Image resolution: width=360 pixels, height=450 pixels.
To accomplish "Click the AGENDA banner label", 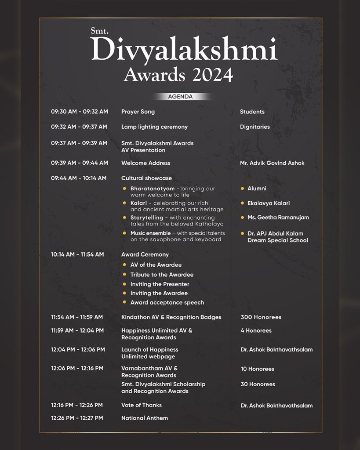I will click(x=180, y=97).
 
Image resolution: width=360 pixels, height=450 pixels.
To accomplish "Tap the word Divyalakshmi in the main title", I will click(x=184, y=50).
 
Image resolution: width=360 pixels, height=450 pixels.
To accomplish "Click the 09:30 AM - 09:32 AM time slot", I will click(x=79, y=112).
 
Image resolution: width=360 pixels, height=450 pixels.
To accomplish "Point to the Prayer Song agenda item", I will click(x=138, y=112).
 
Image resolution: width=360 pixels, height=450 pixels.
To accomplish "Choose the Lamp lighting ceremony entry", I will click(x=154, y=127).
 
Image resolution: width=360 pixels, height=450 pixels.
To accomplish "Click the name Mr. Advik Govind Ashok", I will click(x=272, y=163).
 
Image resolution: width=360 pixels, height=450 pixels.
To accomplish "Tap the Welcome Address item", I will click(x=145, y=163).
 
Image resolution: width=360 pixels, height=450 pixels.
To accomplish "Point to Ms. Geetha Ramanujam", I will click(x=278, y=218).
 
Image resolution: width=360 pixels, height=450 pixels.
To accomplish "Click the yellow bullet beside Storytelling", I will click(x=125, y=218).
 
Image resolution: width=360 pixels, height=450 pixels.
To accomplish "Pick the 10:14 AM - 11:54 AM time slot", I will click(x=77, y=254).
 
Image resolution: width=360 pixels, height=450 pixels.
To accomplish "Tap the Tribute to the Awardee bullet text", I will click(x=162, y=275).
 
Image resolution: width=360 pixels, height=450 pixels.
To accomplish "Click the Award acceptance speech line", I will click(x=167, y=302).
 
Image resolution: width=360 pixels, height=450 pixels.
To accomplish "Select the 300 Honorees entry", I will click(x=261, y=317).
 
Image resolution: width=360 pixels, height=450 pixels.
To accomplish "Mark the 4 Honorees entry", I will click(x=256, y=330).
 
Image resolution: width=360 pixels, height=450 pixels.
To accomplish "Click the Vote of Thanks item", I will click(x=142, y=405).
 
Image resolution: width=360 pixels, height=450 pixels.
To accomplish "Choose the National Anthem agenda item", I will click(x=145, y=418).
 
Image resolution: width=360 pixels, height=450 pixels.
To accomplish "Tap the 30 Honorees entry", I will click(x=258, y=384).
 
